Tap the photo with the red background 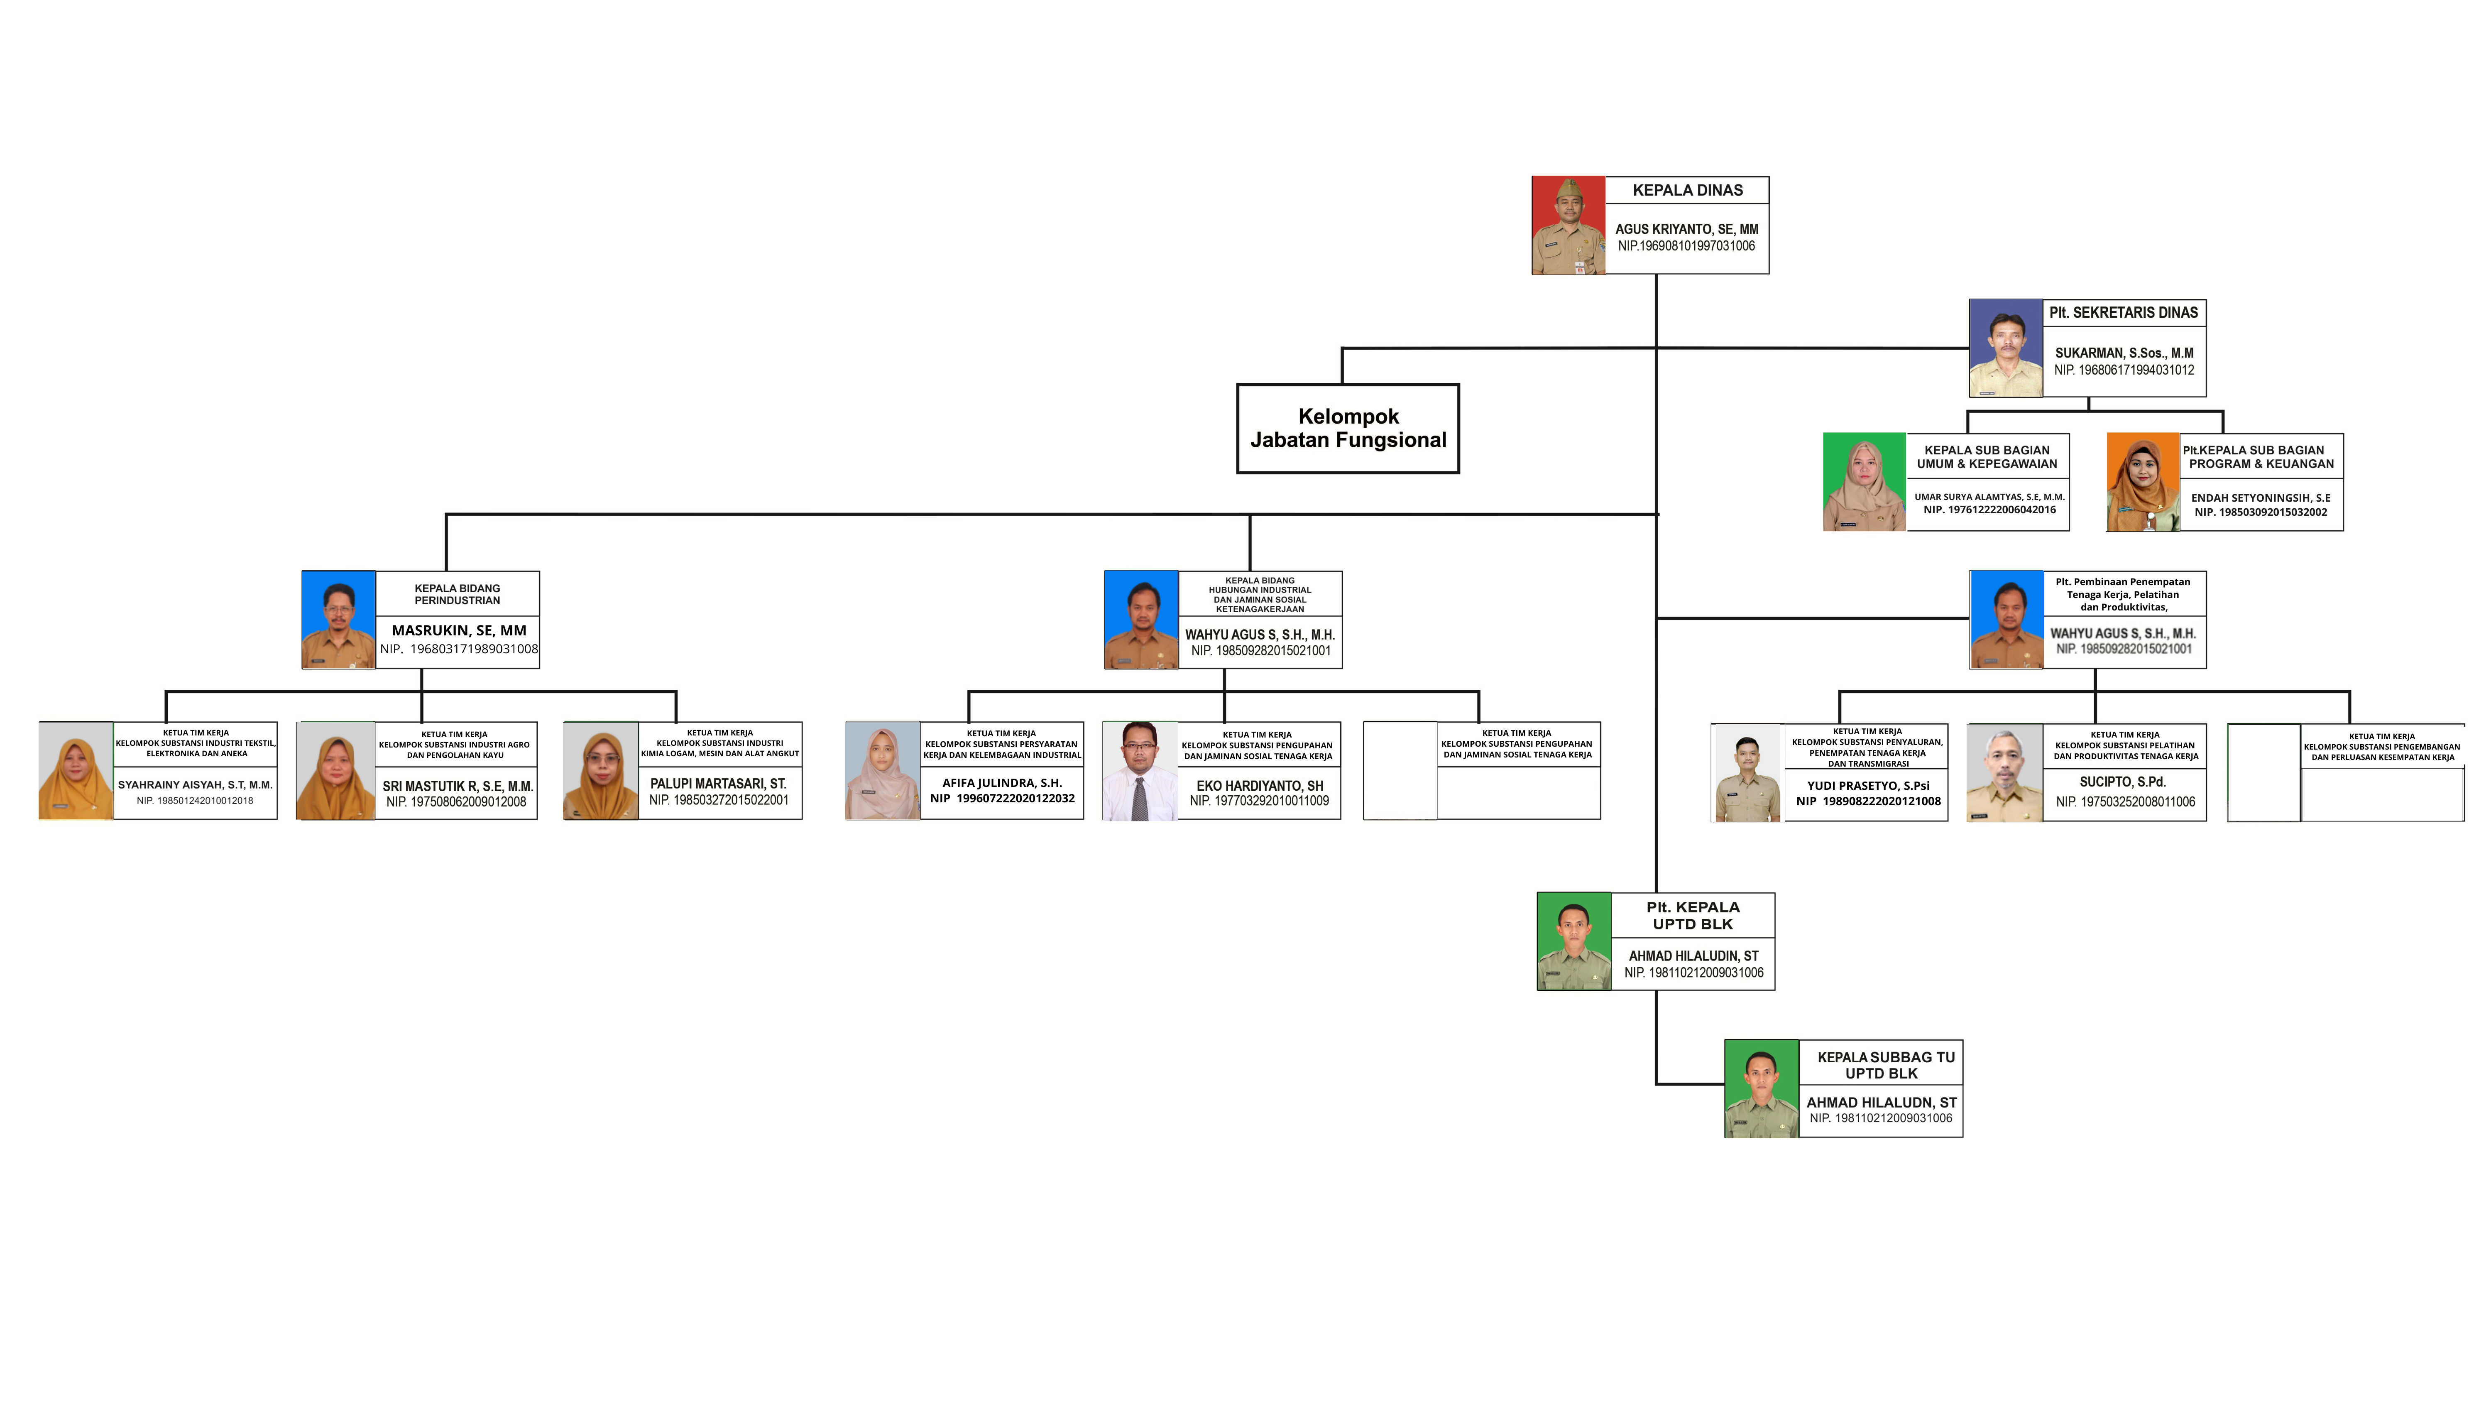[x=1568, y=225]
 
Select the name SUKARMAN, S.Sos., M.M [x=2124, y=353]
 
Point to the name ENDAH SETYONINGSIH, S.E [x=2260, y=498]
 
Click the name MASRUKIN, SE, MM [x=458, y=631]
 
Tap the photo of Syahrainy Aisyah [x=75, y=771]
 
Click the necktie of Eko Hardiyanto [x=1140, y=797]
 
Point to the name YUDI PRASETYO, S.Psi [x=1867, y=785]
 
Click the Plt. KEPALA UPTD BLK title [x=1692, y=915]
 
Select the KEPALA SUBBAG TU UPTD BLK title [x=1885, y=1065]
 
